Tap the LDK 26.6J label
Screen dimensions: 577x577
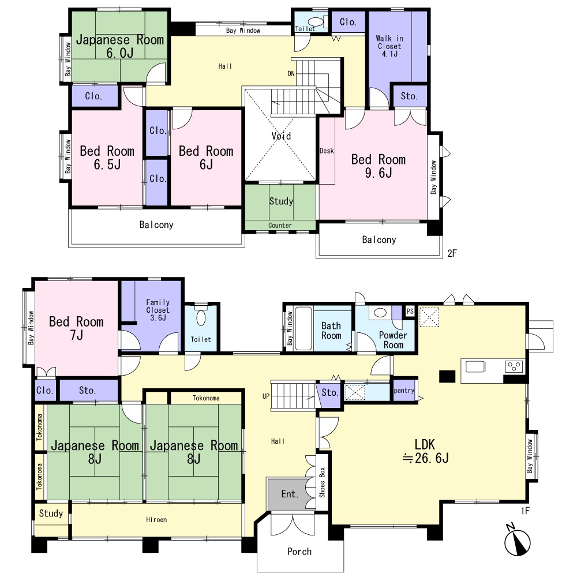click(x=425, y=451)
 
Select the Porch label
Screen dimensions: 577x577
click(x=299, y=551)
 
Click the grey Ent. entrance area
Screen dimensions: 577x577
click(x=290, y=494)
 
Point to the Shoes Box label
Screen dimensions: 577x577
click(x=322, y=482)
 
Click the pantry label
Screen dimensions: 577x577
click(x=404, y=391)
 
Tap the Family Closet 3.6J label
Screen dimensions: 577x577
click(x=158, y=310)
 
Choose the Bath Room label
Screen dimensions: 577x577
click(x=331, y=331)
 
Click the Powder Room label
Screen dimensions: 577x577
click(x=393, y=340)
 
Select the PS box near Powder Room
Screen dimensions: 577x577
click(x=410, y=311)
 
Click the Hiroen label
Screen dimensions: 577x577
click(x=156, y=520)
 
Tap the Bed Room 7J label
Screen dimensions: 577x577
click(x=76, y=328)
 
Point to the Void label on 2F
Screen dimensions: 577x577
click(x=281, y=136)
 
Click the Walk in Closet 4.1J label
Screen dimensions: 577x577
click(x=389, y=46)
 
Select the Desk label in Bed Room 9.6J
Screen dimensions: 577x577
click(x=327, y=151)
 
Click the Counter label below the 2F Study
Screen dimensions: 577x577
click(x=280, y=225)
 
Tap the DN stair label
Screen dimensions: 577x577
click(x=291, y=74)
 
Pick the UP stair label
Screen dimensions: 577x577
click(x=266, y=396)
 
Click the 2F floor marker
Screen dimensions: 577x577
click(x=452, y=253)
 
